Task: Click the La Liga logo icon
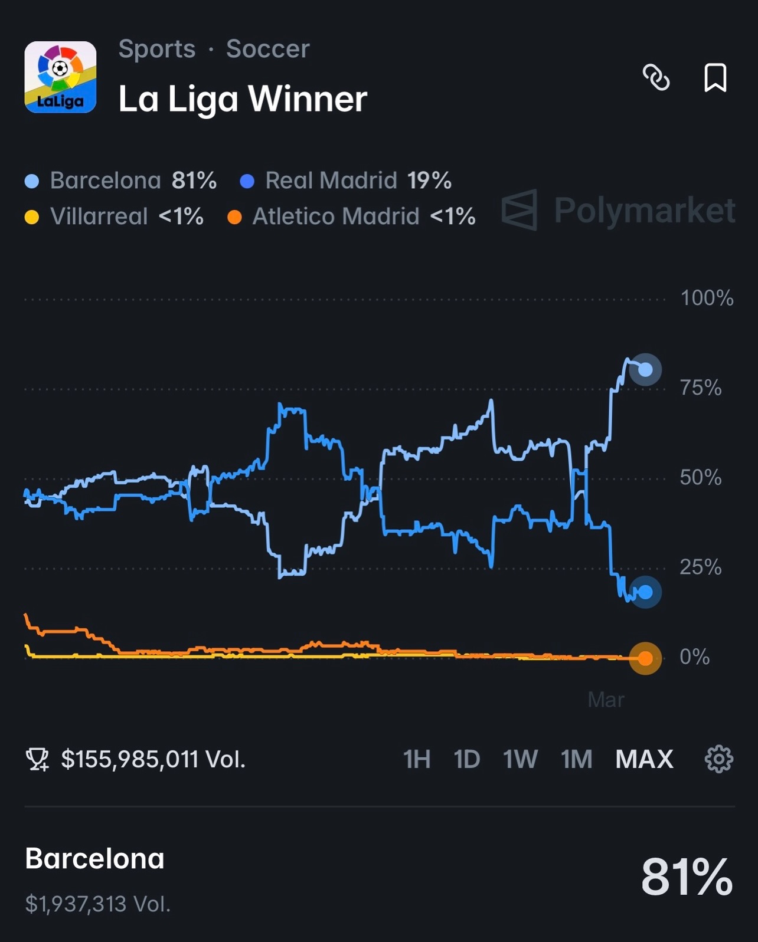point(60,77)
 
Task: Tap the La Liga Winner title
point(243,99)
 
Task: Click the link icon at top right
point(656,77)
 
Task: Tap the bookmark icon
point(715,77)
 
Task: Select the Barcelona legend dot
point(32,181)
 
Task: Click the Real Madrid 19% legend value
point(429,180)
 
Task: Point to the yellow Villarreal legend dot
point(32,217)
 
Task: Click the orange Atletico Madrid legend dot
point(234,217)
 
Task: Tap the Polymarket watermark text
point(645,210)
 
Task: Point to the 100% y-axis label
point(707,298)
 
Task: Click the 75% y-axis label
point(701,388)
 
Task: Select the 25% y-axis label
point(701,567)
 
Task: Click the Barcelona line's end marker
point(645,370)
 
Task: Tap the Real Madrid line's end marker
point(645,592)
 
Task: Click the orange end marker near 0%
point(645,658)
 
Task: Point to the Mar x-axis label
point(606,700)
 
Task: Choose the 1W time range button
point(520,759)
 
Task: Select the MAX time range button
point(644,759)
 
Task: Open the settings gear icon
point(718,759)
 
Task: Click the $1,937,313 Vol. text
point(98,904)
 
